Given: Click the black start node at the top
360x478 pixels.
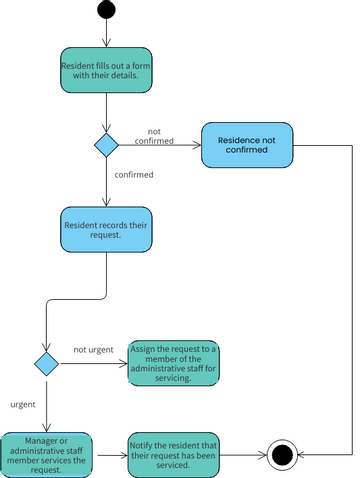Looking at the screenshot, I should point(105,11).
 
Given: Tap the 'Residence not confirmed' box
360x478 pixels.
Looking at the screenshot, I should point(248,146).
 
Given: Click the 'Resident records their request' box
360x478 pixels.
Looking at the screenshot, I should point(105,232).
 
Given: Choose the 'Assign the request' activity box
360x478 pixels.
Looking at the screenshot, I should point(174,363).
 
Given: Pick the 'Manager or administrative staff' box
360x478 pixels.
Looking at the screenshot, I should point(47,455).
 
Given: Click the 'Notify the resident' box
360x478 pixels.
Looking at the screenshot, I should point(174,455).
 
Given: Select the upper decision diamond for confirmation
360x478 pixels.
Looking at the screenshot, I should point(106,146).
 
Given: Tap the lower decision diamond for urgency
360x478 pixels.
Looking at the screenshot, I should point(46,363).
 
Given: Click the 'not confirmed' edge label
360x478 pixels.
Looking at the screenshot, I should point(154,137).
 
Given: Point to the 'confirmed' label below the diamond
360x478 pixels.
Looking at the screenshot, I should point(134,174).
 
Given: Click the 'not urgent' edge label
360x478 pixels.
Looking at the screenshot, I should point(93,350).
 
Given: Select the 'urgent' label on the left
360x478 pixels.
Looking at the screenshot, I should point(23,405).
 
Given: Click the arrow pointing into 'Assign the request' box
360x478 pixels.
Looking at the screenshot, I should point(93,363).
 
